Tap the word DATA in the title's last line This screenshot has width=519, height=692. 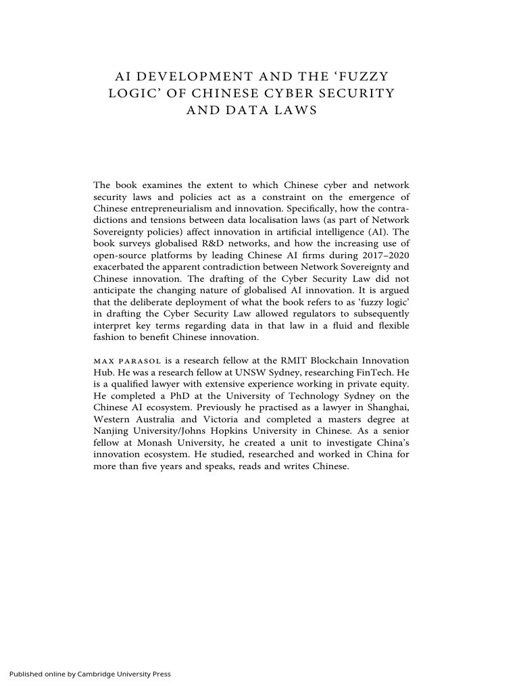250,110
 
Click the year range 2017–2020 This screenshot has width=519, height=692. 385,255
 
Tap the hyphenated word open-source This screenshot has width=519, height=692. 120,255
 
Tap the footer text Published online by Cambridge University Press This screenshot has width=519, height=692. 90,674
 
